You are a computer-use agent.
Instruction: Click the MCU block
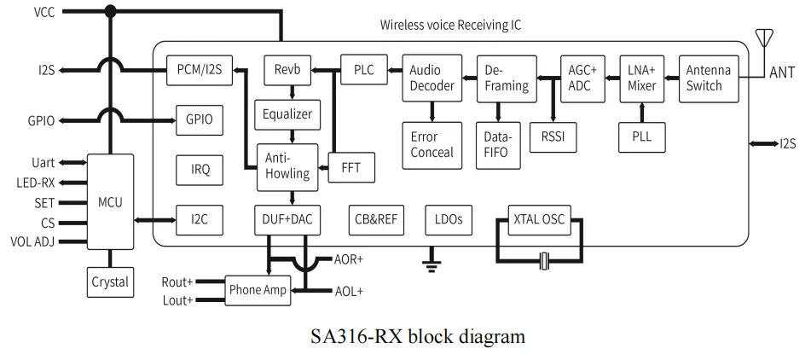[110, 201]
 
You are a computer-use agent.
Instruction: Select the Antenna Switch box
[710, 78]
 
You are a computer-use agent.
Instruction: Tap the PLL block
[642, 137]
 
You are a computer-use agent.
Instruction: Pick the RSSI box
[553, 137]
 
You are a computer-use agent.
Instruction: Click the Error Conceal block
[432, 145]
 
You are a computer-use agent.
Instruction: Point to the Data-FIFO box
[498, 145]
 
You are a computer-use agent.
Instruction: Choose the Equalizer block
[287, 114]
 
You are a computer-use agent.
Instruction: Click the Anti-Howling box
[287, 167]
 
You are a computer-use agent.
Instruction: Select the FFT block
[351, 167]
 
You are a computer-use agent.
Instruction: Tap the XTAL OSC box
[540, 220]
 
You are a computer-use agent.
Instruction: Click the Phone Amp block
[258, 290]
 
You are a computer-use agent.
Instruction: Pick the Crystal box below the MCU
[110, 282]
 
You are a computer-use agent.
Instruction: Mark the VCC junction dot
[110, 11]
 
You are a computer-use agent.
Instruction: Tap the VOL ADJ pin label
[32, 241]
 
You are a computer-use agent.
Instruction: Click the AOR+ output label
[349, 259]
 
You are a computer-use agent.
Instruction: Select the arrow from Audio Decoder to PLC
[395, 70]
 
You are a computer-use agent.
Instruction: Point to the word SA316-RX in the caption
[356, 337]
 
